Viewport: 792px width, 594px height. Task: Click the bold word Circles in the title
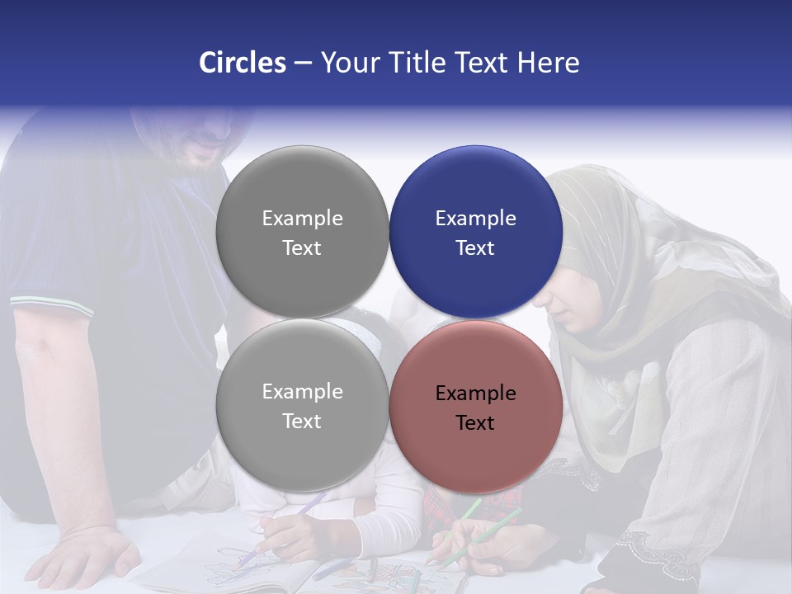click(243, 63)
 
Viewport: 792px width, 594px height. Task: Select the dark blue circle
click(475, 233)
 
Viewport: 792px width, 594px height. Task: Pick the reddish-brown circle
click(475, 407)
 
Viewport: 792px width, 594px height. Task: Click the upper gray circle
click(302, 233)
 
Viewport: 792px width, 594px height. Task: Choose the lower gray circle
click(302, 406)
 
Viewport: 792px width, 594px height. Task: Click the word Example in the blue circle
click(475, 219)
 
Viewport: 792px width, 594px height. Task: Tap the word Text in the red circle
click(475, 423)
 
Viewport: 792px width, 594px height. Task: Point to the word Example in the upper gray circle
click(302, 219)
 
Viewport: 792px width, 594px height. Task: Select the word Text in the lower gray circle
click(302, 422)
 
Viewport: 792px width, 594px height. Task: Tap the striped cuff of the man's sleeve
click(51, 304)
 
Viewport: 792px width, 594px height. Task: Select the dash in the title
click(302, 63)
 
